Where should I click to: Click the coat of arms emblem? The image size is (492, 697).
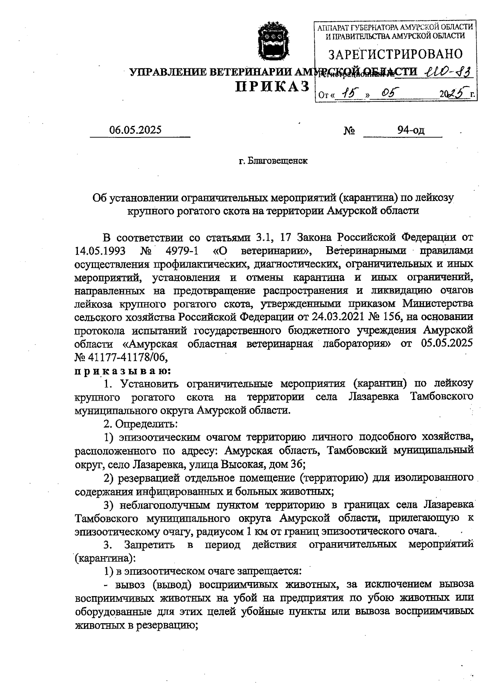coord(273,41)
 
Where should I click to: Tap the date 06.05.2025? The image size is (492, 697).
coord(135,130)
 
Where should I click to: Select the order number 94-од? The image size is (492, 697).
coord(410,130)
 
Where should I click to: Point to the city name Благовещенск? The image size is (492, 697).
coord(278,161)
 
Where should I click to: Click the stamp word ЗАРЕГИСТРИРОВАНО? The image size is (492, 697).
coord(396,54)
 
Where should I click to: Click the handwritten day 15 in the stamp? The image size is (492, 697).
coord(349,94)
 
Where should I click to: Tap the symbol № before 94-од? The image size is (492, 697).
coord(349,131)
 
